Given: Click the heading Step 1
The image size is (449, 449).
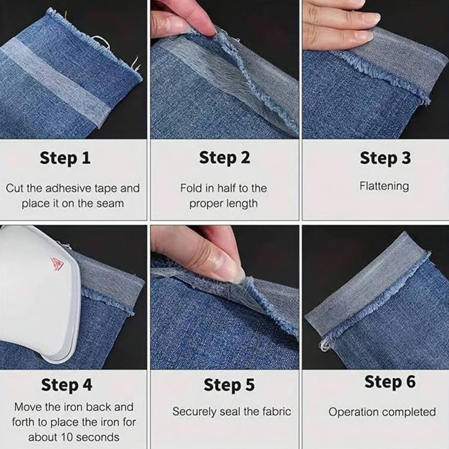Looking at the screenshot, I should (x=65, y=158).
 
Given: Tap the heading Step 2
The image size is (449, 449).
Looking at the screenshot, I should (x=224, y=158).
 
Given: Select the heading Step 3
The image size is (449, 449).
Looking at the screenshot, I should (x=385, y=158).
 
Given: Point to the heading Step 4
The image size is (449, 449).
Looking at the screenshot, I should (x=67, y=385).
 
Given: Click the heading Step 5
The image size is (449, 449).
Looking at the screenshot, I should (x=228, y=385).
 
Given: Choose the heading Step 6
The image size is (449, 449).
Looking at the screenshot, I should (x=390, y=382).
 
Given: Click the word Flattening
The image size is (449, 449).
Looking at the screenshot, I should (x=384, y=185).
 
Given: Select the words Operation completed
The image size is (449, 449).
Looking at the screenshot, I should (x=382, y=412).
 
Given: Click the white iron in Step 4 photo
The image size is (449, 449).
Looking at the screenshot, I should (x=34, y=292).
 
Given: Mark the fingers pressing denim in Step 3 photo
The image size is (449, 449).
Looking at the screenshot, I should (x=337, y=25).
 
